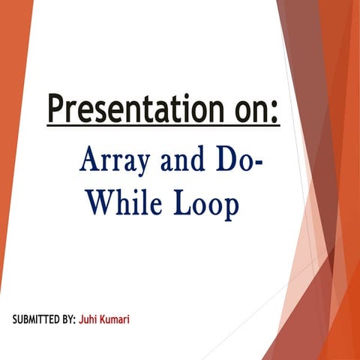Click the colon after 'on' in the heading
(275, 113)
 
